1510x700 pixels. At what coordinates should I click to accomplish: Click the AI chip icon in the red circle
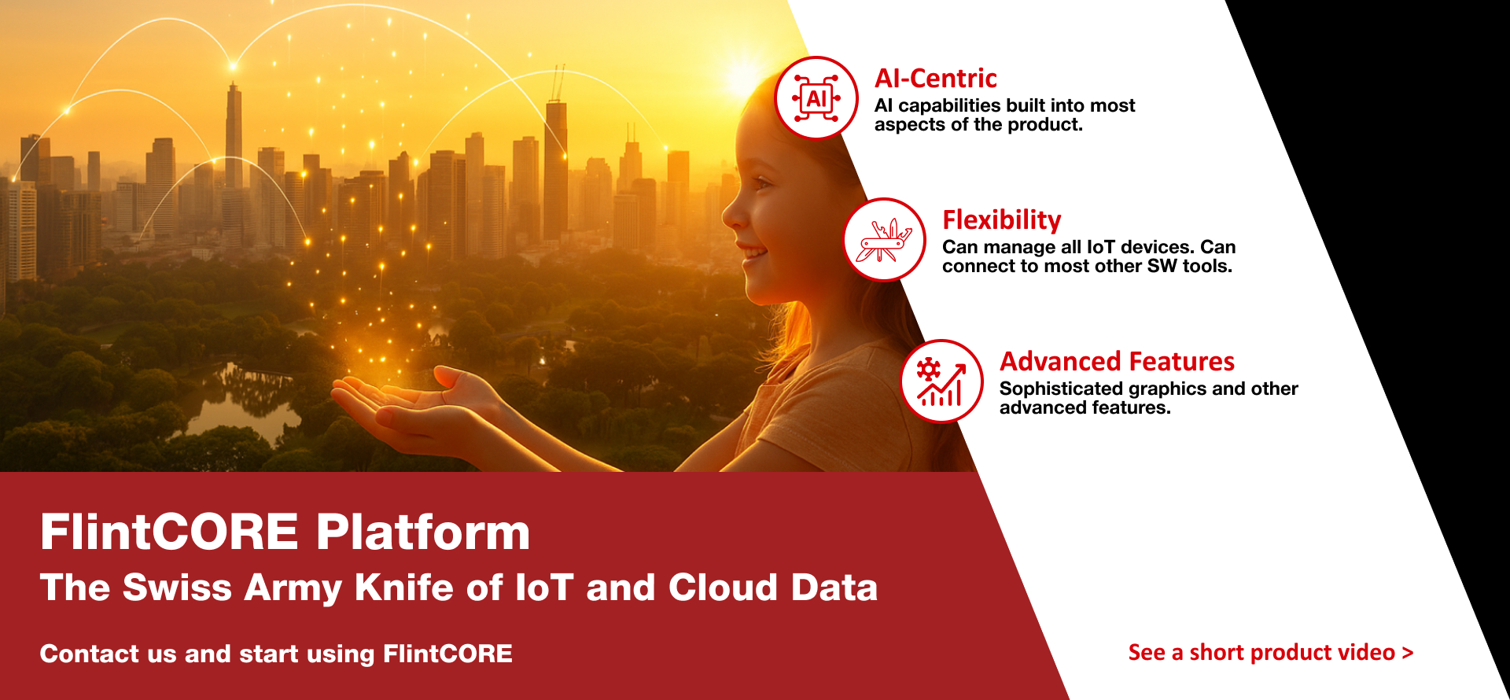(x=816, y=98)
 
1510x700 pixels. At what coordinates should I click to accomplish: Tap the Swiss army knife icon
(x=885, y=240)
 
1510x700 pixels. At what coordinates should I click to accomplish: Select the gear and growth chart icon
(x=941, y=381)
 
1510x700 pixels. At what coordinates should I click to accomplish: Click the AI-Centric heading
(x=936, y=79)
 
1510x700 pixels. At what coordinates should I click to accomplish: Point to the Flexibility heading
(x=1002, y=220)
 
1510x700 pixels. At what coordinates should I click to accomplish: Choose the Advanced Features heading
(x=1117, y=362)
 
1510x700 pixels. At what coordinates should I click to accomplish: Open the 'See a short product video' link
(x=1271, y=652)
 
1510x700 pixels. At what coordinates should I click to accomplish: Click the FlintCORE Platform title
(x=285, y=532)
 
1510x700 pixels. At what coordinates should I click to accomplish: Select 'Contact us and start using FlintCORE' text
(x=276, y=654)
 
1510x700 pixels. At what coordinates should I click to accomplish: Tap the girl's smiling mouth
(x=753, y=254)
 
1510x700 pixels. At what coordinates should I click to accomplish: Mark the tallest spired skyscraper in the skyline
(x=234, y=134)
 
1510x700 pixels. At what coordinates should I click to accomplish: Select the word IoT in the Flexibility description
(x=1101, y=247)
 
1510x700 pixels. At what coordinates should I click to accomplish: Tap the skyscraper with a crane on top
(x=556, y=165)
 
